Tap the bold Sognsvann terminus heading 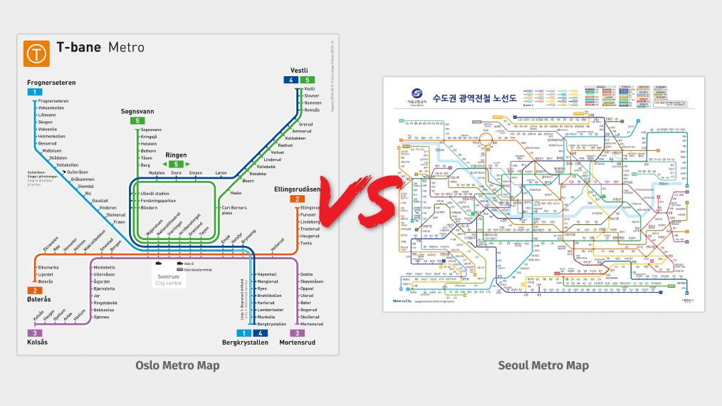tap(137, 112)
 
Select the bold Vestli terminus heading tap(298, 70)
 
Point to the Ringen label tap(176, 155)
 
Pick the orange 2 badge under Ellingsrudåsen tap(296, 199)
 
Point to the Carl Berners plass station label tap(234, 210)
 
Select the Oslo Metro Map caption tap(177, 365)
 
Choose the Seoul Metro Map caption tap(543, 365)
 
